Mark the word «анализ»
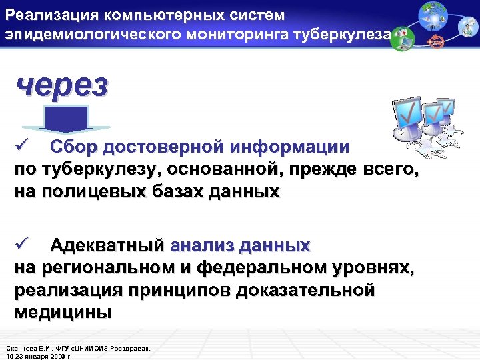pyautogui.click(x=201, y=245)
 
